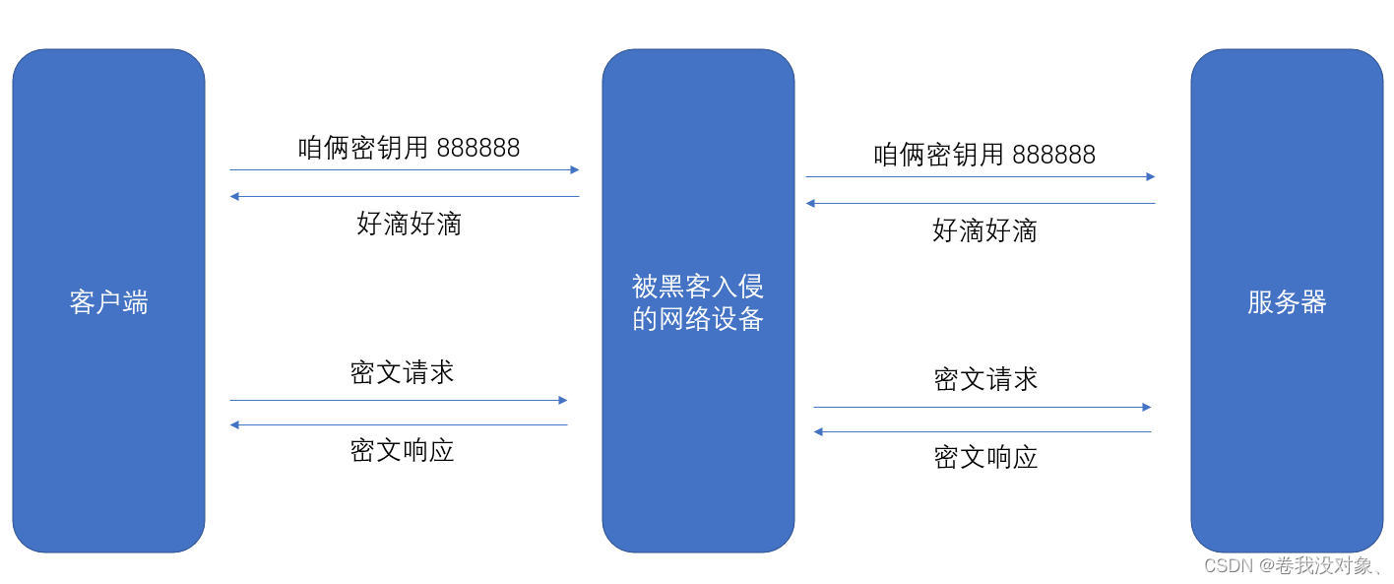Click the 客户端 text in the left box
[108, 301]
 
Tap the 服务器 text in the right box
[1287, 301]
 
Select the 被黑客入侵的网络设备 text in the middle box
[698, 302]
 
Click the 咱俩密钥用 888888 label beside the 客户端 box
[409, 148]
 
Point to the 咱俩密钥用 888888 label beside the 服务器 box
[984, 155]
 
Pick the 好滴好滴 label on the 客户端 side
[409, 224]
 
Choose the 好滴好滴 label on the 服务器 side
[984, 230]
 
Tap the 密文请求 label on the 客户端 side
[402, 372]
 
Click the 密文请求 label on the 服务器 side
[985, 379]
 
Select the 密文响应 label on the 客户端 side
[402, 450]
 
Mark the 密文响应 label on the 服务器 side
[985, 457]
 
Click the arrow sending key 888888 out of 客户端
[405, 170]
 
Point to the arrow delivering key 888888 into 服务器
[981, 177]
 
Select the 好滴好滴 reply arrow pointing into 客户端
[405, 197]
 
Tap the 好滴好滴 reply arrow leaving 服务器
[981, 204]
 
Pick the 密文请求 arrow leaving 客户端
[399, 401]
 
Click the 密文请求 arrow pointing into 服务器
[982, 408]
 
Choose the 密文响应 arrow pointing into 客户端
[399, 425]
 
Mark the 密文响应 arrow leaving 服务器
[982, 432]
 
